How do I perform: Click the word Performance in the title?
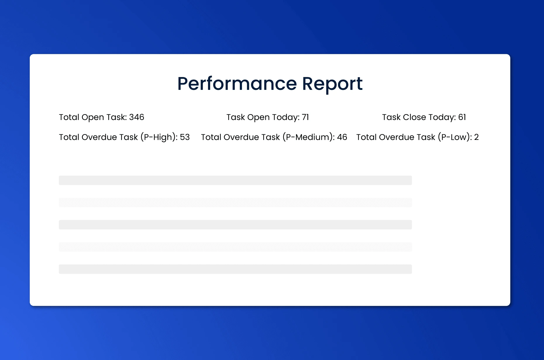[x=237, y=84]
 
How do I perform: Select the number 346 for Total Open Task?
[x=137, y=117]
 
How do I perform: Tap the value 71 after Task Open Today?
[x=305, y=117]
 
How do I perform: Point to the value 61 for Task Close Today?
[x=462, y=117]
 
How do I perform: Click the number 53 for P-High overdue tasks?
[x=185, y=137]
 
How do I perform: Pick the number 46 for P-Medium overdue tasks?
[x=342, y=137]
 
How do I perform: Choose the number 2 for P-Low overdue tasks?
[x=476, y=137]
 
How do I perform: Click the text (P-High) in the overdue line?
[x=158, y=137]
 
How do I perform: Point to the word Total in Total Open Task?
[x=69, y=117]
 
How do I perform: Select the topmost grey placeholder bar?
[x=235, y=180]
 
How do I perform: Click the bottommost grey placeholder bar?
[x=235, y=269]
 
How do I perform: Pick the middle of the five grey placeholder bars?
[x=235, y=225]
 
